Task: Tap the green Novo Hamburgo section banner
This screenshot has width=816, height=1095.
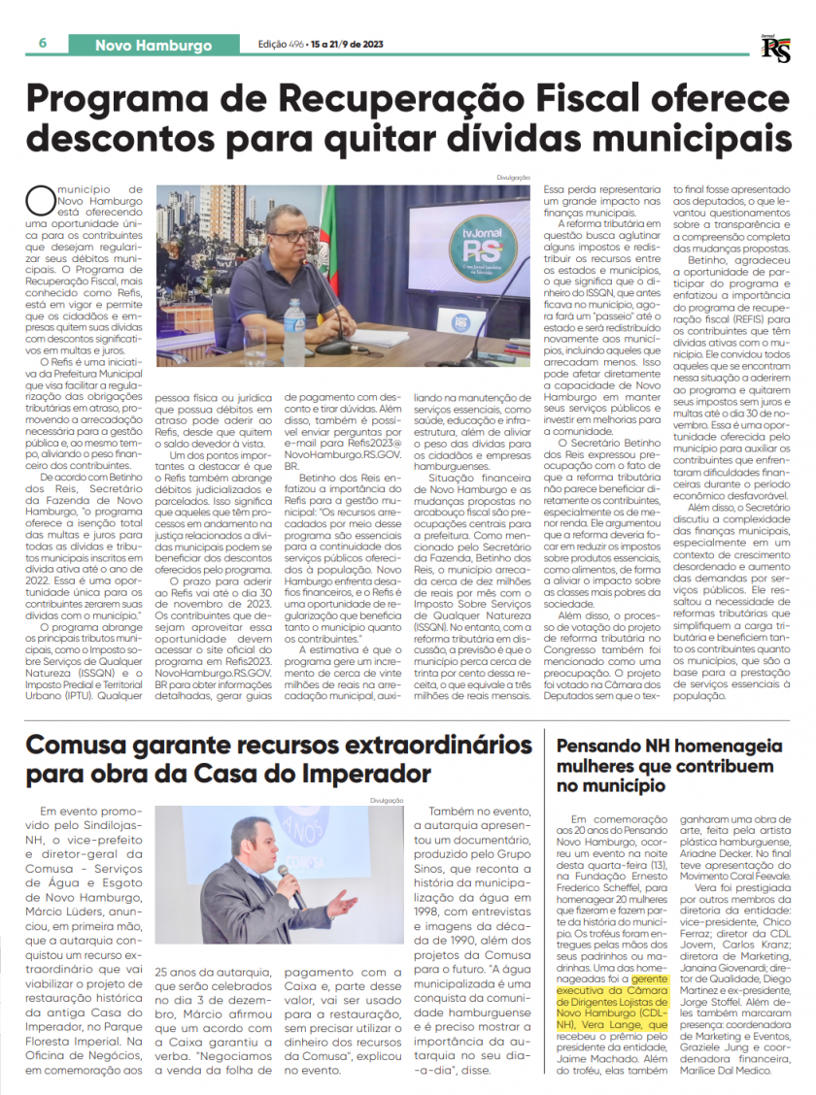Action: click(153, 45)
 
